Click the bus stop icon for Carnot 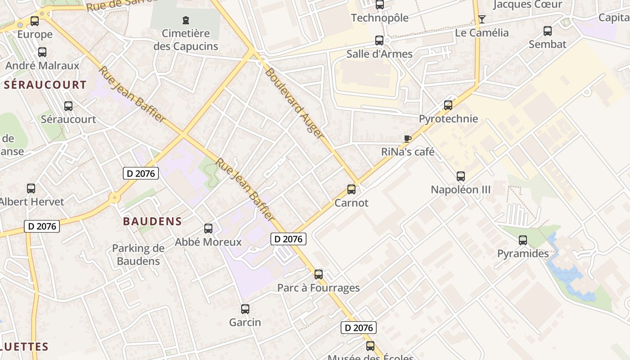coord(351,189)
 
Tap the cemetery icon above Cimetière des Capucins coord(185,20)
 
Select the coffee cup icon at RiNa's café coord(408,139)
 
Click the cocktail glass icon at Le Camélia coord(482,19)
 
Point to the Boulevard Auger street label coord(294,103)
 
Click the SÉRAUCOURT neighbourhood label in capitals coord(45,85)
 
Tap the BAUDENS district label coord(152,221)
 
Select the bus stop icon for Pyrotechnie coord(448,105)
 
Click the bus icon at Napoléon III coord(460,176)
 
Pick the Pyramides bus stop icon coord(522,240)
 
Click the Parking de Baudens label coord(138,254)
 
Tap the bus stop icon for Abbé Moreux coord(208,229)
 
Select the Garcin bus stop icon coord(245,309)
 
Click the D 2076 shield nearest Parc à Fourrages coord(288,239)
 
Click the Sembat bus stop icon coord(547,31)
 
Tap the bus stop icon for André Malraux coord(42,52)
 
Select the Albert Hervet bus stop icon coord(31,189)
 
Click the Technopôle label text coord(379,18)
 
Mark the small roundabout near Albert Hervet coord(115,197)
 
